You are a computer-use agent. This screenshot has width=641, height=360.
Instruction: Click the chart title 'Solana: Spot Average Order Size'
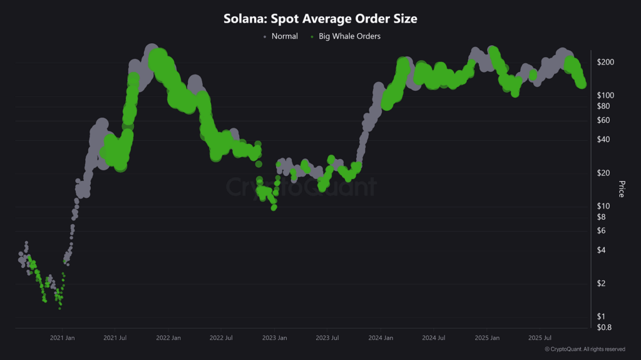pos(320,19)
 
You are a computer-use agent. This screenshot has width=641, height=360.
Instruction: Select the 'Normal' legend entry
pos(284,36)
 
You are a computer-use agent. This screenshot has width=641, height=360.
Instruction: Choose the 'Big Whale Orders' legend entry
pos(349,36)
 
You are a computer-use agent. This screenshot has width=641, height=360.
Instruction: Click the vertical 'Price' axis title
pos(621,189)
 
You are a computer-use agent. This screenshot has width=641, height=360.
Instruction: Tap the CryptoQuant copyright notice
pos(585,349)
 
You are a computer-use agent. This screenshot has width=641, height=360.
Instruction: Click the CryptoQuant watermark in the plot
pos(300,187)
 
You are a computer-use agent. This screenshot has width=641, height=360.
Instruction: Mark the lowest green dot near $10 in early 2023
pos(274,207)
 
